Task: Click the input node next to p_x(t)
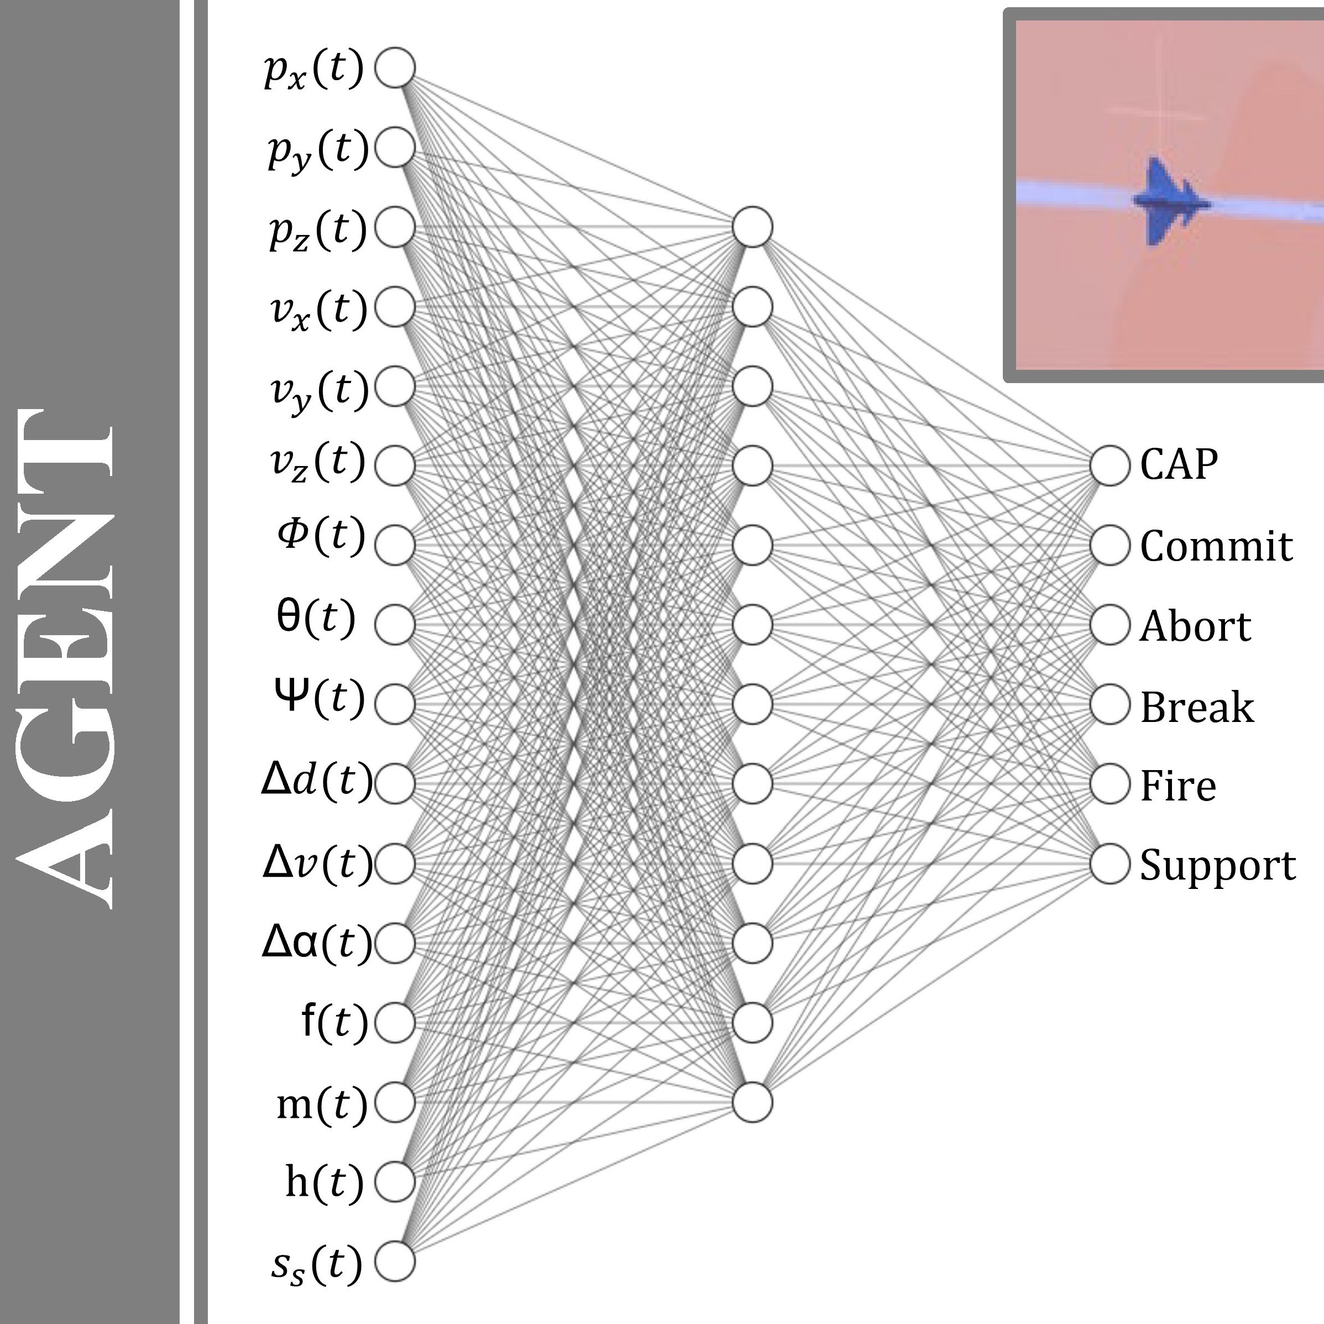395,68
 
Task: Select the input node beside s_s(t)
395,1261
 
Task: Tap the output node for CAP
1110,465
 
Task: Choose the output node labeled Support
1110,864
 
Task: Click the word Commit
1216,546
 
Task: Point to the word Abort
1195,626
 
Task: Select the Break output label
1196,706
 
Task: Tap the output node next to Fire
1110,784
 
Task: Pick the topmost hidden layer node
752,227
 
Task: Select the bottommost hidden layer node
752,1102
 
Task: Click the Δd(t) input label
317,782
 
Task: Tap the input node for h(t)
395,1181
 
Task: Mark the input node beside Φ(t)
395,545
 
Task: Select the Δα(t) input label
317,943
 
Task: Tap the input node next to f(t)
395,1023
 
